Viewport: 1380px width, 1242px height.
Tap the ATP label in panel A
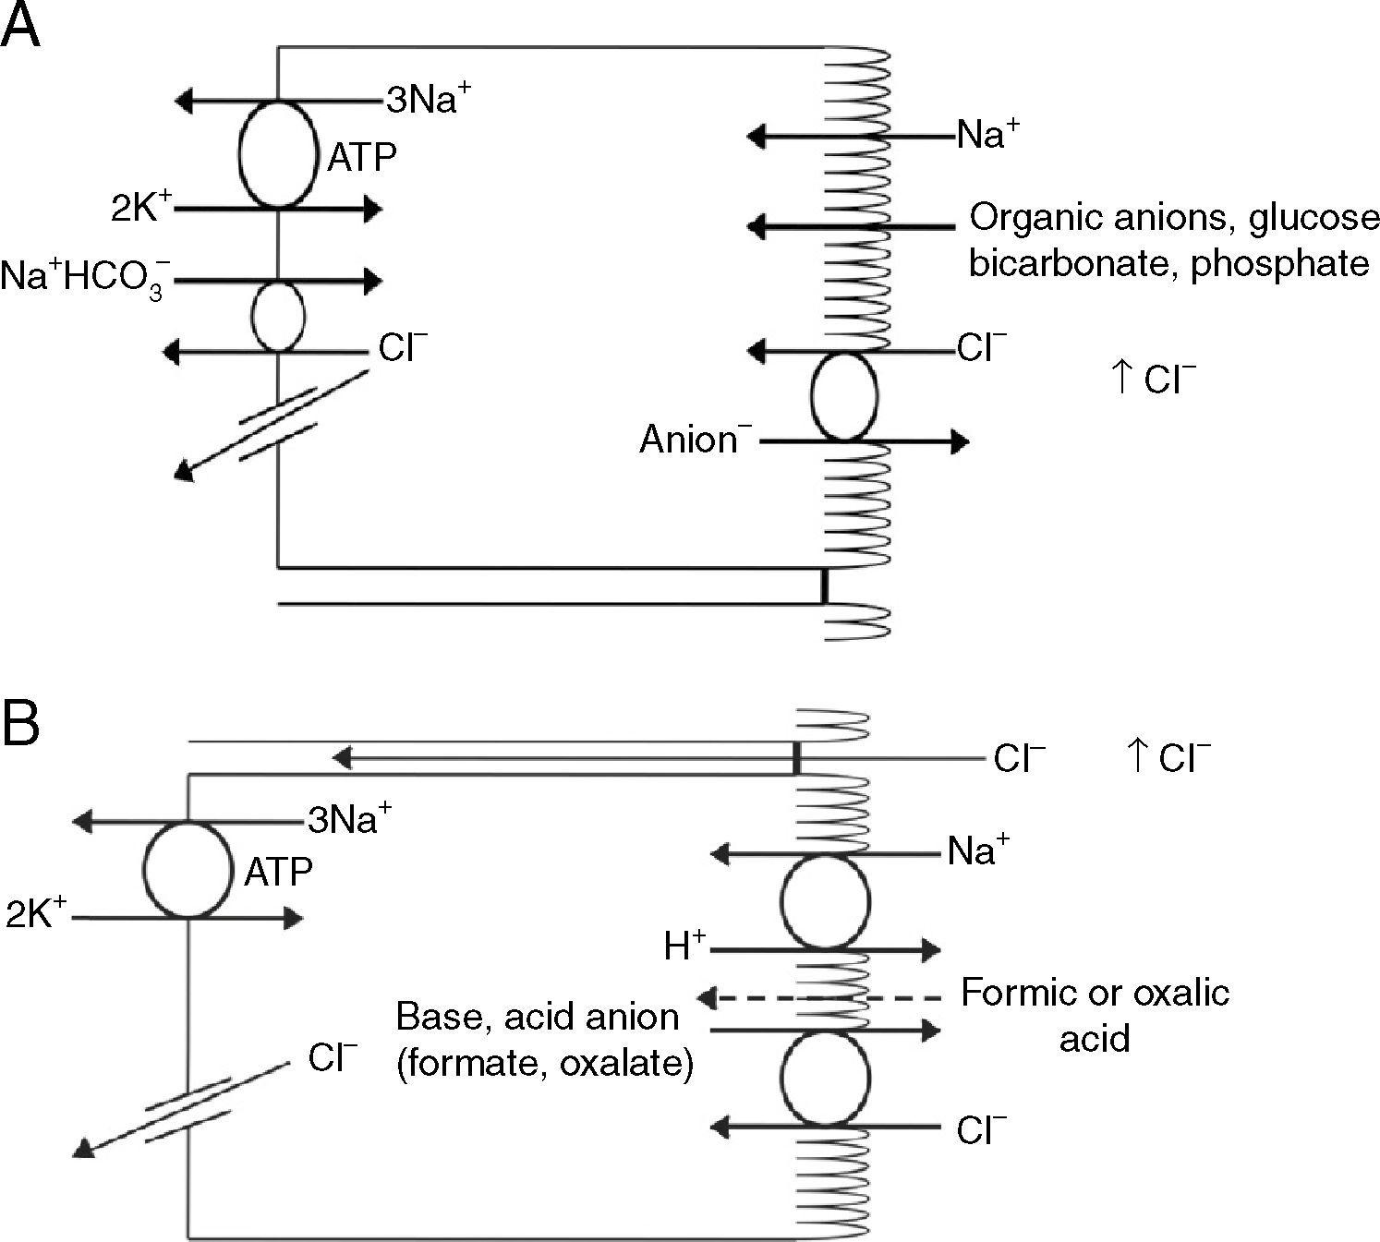[x=362, y=158]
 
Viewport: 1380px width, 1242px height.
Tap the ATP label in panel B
[x=278, y=872]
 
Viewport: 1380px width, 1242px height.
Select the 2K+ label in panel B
[x=35, y=914]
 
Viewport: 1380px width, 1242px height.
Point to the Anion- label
[x=691, y=440]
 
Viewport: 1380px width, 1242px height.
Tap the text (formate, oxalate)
[x=544, y=1064]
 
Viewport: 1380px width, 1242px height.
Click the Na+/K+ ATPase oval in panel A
[x=278, y=154]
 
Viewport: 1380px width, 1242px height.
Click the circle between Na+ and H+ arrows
[x=825, y=901]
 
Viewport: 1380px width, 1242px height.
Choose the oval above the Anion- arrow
[x=843, y=396]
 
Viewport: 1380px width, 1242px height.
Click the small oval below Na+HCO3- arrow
[x=278, y=316]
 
